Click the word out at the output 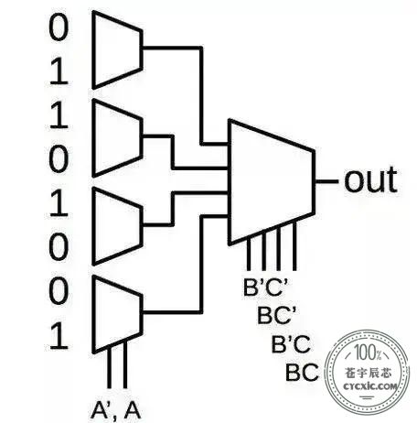coord(370,179)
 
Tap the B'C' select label coord(266,287)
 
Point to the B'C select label coord(291,343)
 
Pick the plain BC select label coord(302,372)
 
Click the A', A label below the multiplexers coord(116,410)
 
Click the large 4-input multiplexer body coord(272,182)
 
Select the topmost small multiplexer coord(117,49)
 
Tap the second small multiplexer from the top coord(117,138)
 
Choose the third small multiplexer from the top coord(117,226)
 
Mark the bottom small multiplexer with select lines coord(117,314)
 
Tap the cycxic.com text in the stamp coord(370,386)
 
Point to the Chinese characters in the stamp coord(369,373)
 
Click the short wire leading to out coord(326,181)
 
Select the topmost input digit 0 coord(59,28)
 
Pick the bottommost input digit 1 coord(59,337)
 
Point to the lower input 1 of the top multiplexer coord(59,72)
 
